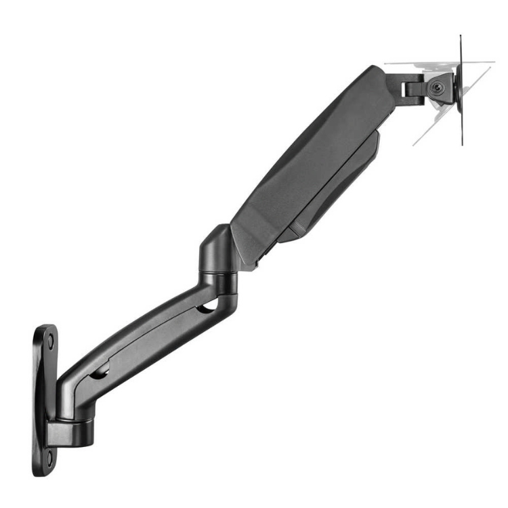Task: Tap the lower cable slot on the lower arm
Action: tap(100, 373)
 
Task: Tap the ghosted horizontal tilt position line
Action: tap(420, 64)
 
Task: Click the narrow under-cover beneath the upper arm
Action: tap(339, 196)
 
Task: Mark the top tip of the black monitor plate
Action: tap(461, 38)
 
